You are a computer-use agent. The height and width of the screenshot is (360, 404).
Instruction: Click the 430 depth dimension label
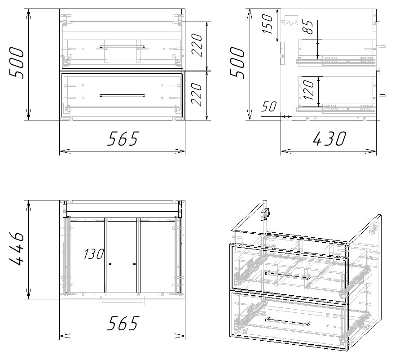point(329,138)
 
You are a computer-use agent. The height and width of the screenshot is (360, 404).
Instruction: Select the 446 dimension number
point(17,249)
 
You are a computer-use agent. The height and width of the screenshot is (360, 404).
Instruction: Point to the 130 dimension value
point(93,254)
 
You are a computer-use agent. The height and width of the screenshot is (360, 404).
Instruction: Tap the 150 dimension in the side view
point(267,24)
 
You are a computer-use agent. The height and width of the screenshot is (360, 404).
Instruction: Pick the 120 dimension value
point(309,90)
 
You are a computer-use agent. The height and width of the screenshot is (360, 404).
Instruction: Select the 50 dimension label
point(269,106)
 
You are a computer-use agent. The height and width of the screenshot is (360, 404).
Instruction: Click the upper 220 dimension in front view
point(197,45)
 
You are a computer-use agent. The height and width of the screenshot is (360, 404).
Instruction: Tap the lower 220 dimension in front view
point(197,94)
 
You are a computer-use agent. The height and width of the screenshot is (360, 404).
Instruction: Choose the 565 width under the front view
point(123,138)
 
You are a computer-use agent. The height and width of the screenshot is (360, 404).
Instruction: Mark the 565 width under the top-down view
point(123,323)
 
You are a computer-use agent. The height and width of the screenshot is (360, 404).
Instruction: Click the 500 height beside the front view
point(17,62)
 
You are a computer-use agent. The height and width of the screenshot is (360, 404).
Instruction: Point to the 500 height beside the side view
point(237,62)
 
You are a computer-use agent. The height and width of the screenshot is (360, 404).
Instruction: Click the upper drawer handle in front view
point(122,46)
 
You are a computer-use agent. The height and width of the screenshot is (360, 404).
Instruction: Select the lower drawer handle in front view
point(122,95)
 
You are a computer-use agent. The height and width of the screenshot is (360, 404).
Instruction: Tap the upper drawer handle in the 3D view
point(287,275)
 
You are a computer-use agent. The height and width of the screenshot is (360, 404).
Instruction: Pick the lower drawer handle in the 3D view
point(287,322)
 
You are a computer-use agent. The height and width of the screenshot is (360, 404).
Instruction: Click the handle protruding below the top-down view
point(123,302)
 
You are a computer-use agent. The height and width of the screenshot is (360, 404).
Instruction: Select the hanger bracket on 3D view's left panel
point(265,214)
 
